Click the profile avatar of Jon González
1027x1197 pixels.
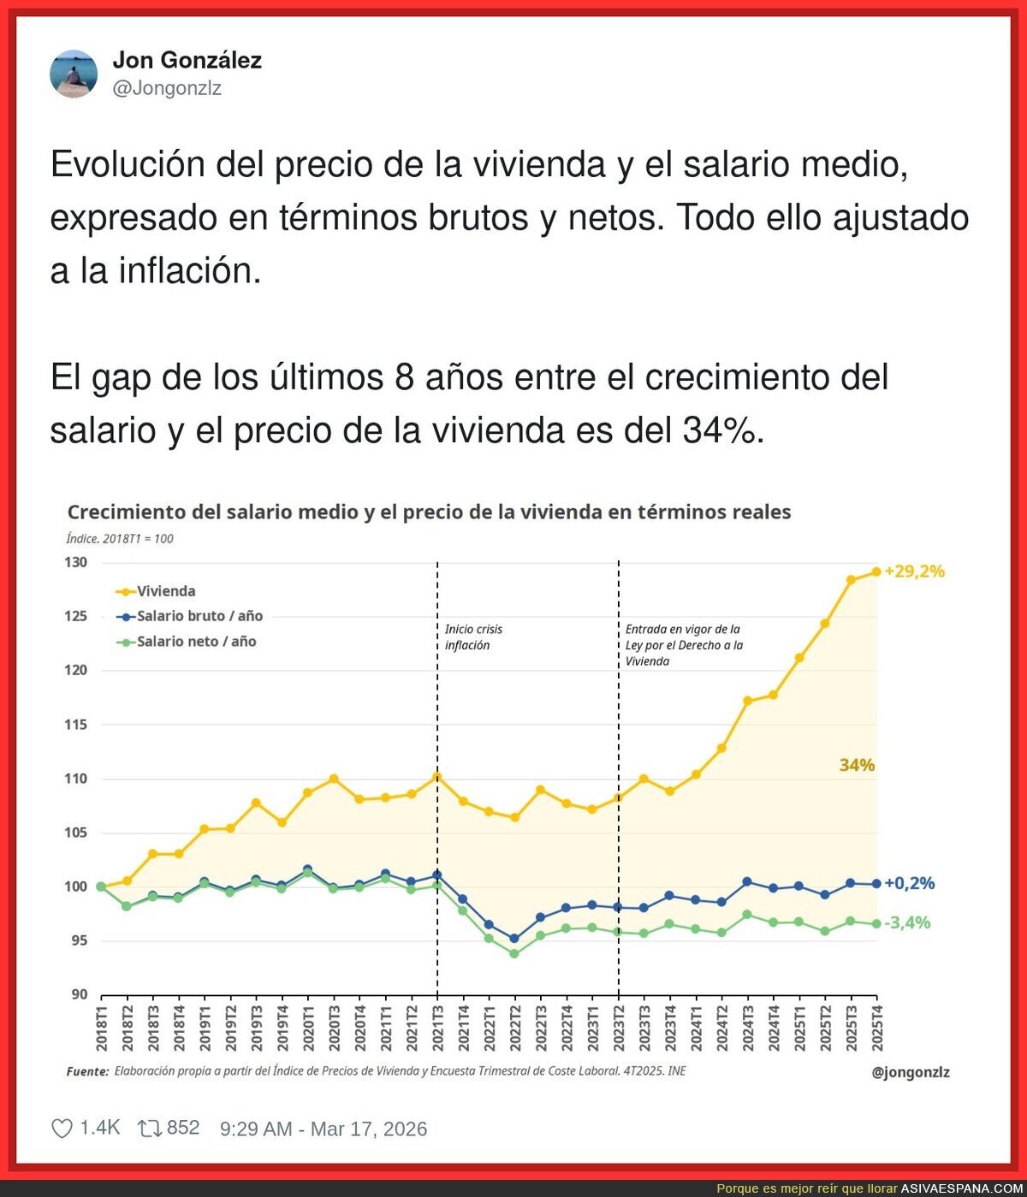pyautogui.click(x=74, y=74)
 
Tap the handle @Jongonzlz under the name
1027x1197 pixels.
pyautogui.click(x=167, y=88)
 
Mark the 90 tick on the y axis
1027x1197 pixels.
pyautogui.click(x=79, y=994)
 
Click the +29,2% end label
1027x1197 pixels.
pyautogui.click(x=914, y=572)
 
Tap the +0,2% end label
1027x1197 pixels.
pyautogui.click(x=909, y=883)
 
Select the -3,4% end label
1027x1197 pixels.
pyautogui.click(x=907, y=922)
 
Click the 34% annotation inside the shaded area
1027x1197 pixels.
pyautogui.click(x=857, y=765)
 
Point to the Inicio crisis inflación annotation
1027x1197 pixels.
pyautogui.click(x=473, y=637)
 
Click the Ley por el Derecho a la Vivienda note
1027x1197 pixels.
pyautogui.click(x=683, y=645)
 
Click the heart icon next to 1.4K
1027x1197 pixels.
pyautogui.click(x=62, y=1129)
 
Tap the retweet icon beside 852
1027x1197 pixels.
pyautogui.click(x=150, y=1129)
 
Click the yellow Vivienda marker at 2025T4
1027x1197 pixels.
pyautogui.click(x=876, y=572)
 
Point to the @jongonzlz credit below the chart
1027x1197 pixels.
pyautogui.click(x=910, y=1072)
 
